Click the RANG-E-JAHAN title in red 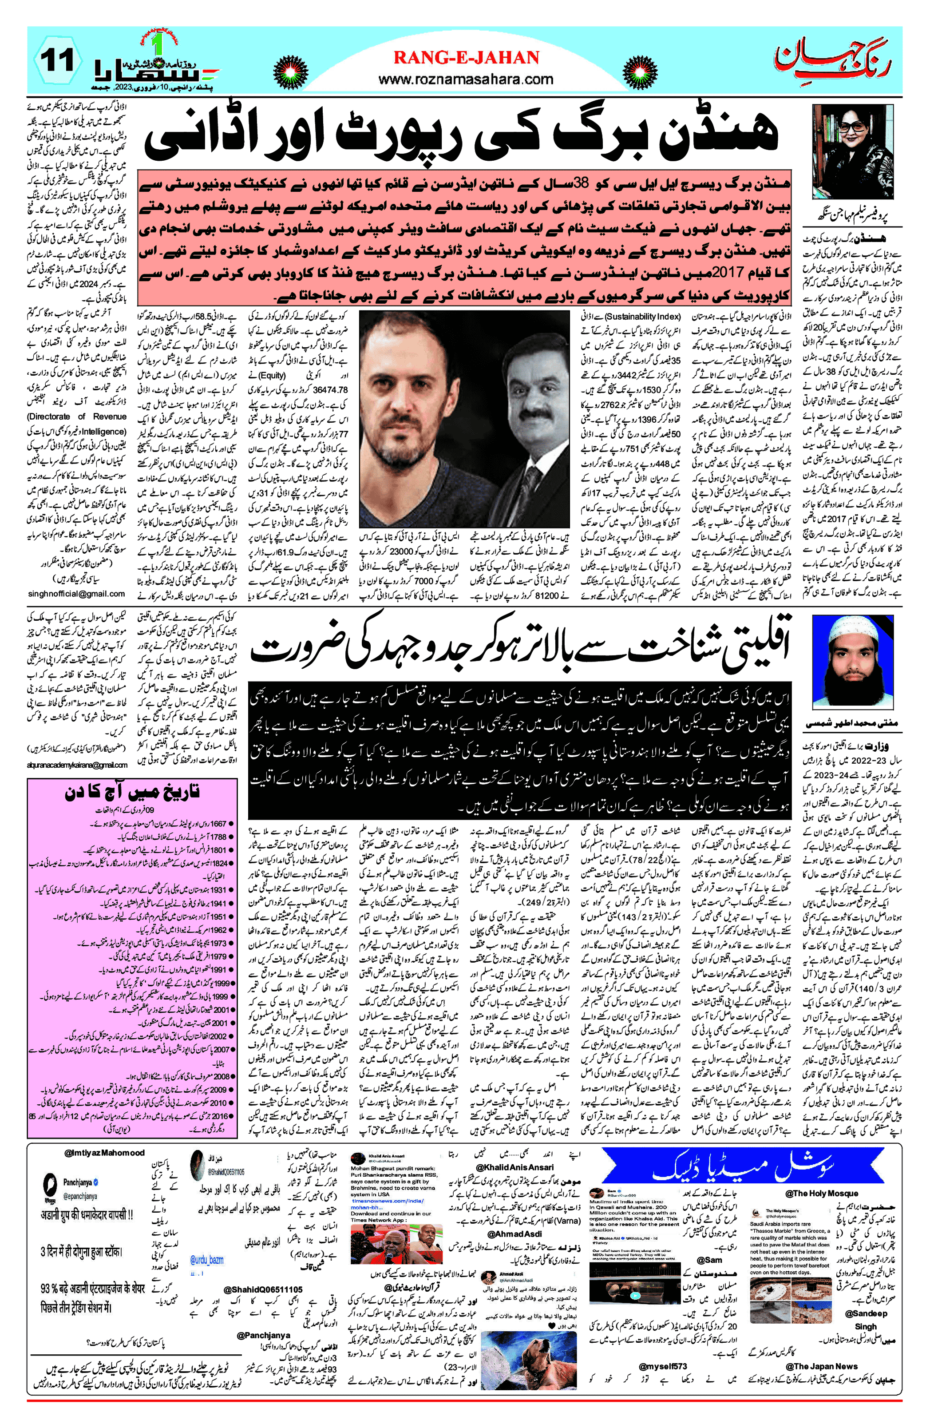click(x=466, y=58)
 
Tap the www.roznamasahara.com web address click(x=466, y=79)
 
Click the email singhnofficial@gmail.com click(x=77, y=593)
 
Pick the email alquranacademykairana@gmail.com click(x=77, y=765)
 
